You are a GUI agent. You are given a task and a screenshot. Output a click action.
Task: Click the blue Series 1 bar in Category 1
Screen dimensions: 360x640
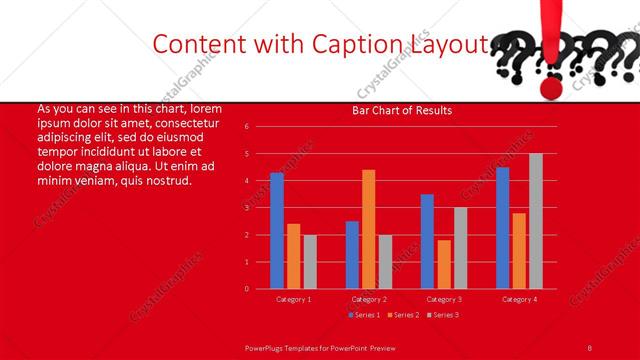277,231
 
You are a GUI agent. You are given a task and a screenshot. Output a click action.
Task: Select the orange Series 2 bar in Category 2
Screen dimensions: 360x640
369,229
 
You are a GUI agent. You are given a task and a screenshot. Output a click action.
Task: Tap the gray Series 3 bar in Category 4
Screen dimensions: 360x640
536,221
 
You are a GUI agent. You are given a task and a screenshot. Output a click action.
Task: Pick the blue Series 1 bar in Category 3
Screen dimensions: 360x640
427,241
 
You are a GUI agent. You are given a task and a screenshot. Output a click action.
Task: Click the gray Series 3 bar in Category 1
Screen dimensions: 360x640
309,262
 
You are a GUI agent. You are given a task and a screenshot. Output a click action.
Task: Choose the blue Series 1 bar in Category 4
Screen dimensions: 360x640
503,228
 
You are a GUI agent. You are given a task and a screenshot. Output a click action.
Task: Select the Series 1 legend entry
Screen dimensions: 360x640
363,315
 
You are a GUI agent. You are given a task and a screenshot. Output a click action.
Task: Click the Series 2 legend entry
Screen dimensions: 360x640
401,315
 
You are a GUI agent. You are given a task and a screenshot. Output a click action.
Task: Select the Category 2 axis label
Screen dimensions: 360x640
368,299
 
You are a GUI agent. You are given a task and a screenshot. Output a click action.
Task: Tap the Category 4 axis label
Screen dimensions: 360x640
518,299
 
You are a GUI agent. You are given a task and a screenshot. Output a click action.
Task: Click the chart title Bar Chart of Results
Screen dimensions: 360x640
402,110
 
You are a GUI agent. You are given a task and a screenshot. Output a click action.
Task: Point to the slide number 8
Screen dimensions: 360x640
590,347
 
